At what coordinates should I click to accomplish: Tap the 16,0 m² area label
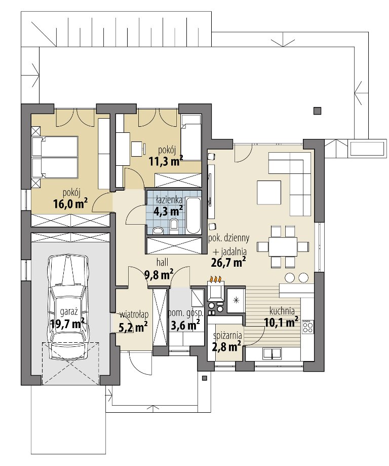click(71, 204)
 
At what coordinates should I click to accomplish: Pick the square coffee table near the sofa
click(269, 192)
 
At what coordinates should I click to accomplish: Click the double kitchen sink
click(272, 353)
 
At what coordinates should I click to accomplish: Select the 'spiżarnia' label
click(227, 336)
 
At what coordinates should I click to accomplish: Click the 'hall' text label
click(162, 262)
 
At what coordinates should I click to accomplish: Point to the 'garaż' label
click(69, 312)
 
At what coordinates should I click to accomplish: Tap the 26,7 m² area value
click(228, 262)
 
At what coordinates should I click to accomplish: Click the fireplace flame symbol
click(216, 279)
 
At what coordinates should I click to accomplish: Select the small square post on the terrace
click(317, 111)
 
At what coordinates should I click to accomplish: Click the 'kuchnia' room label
click(282, 311)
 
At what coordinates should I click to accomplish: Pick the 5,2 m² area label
click(133, 327)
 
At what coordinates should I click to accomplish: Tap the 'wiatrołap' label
click(134, 314)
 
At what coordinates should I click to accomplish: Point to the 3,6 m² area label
click(185, 326)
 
